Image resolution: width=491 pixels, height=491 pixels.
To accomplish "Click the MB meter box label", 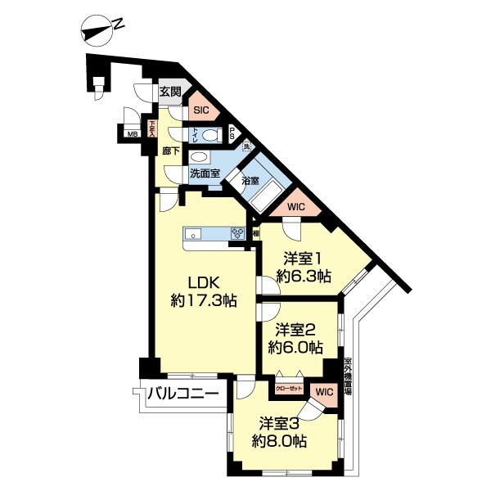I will point(132,135).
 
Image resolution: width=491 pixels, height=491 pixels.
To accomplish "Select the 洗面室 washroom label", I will point(205,173).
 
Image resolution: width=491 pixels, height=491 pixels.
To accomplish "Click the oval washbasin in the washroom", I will point(199,156).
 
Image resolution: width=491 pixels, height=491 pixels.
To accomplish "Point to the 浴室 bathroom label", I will point(250,180).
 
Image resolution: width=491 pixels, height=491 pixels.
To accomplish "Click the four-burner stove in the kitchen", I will point(240,233).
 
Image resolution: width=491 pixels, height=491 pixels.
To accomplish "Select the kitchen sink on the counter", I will point(195,232).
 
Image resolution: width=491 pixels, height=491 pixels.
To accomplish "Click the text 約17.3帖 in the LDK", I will point(204,300).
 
